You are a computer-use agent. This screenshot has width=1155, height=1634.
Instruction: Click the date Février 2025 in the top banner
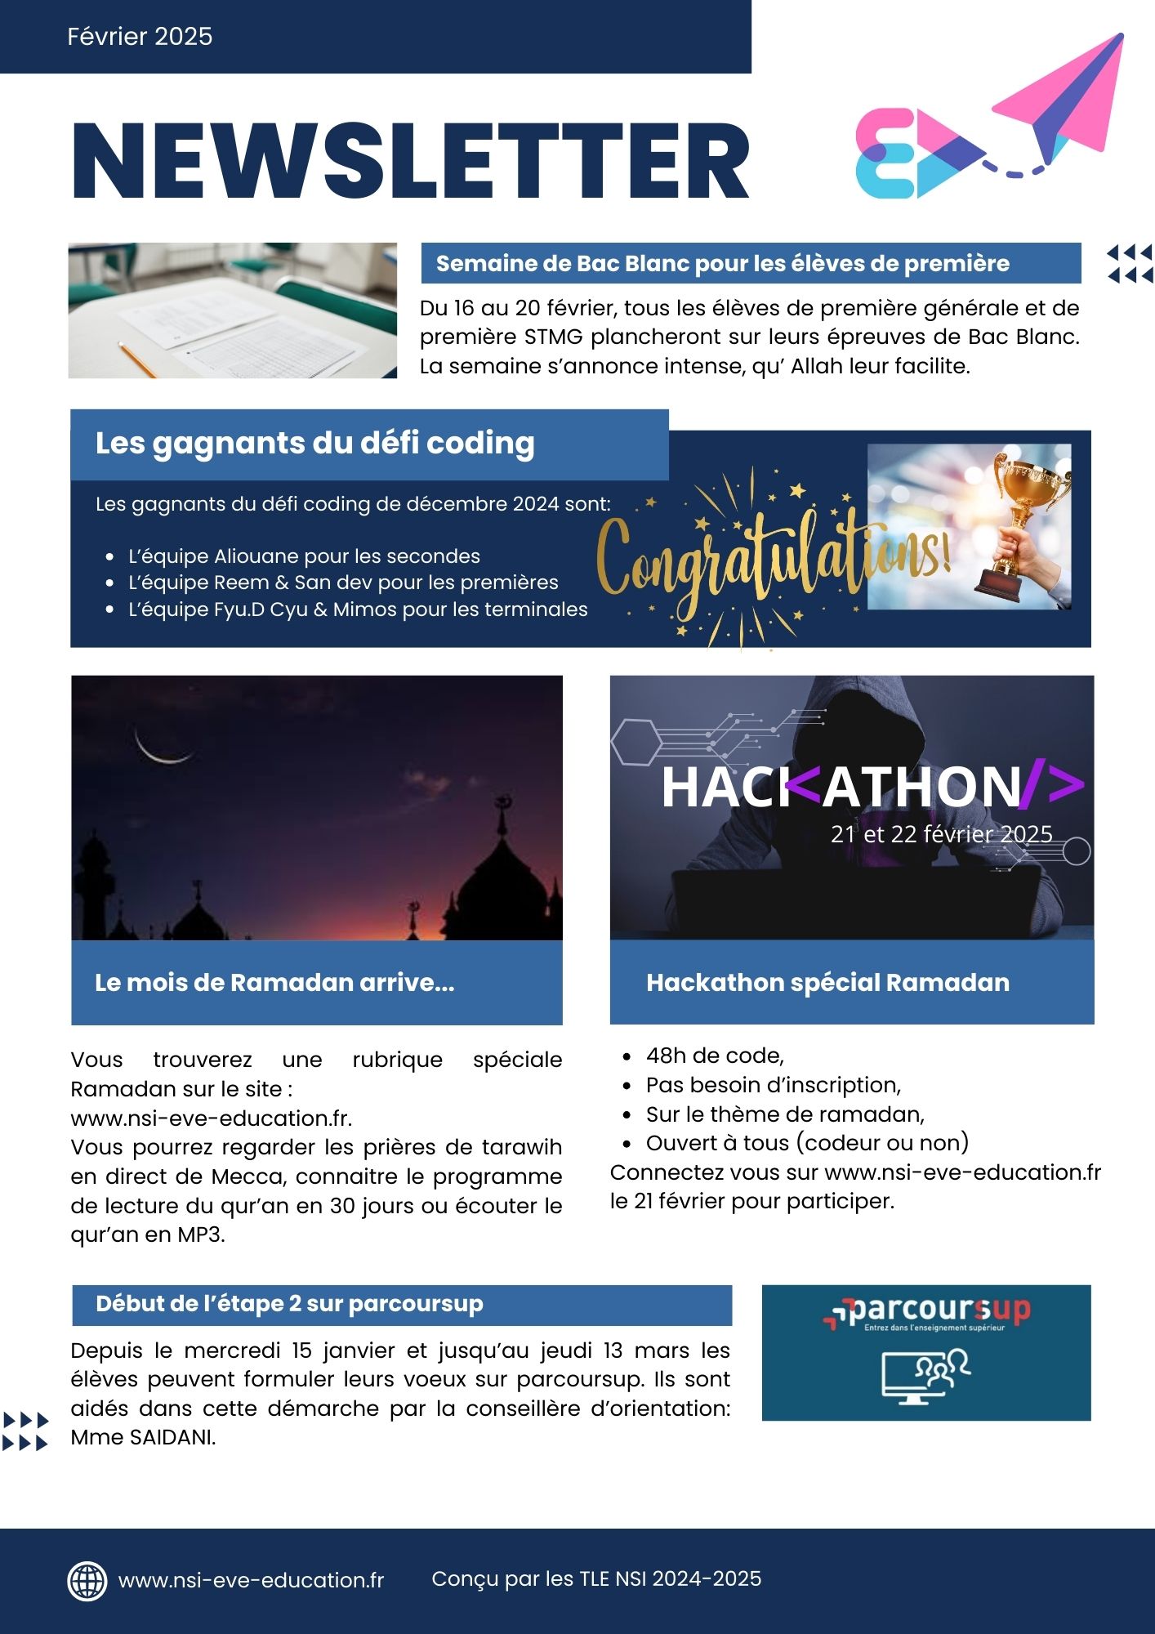coord(140,36)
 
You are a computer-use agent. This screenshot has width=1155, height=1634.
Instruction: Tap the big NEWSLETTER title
coord(410,161)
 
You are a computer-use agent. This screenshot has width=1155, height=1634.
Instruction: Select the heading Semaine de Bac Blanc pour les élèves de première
coord(722,263)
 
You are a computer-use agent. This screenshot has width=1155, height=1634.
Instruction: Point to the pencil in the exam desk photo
coord(136,359)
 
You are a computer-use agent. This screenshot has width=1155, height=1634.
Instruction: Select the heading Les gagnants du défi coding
coord(314,443)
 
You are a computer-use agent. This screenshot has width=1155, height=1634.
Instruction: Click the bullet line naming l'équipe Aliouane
coord(304,556)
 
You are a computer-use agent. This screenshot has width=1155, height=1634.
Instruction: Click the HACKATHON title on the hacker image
coord(871,786)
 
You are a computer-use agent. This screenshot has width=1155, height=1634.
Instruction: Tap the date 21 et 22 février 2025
coord(941,834)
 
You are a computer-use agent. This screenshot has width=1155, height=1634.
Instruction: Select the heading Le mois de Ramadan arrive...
coord(274,982)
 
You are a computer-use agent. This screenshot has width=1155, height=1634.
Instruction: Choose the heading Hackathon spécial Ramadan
coord(827,982)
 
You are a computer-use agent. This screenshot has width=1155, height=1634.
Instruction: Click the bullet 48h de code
coord(714,1056)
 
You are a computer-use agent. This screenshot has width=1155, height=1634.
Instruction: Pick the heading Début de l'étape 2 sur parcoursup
coord(289,1304)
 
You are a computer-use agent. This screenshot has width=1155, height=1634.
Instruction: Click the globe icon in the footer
coord(87,1580)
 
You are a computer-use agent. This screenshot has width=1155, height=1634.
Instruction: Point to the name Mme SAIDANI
coord(143,1438)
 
